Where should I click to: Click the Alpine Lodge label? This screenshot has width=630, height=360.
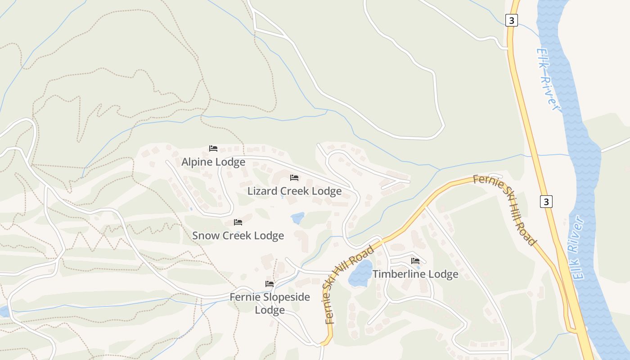pyautogui.click(x=213, y=162)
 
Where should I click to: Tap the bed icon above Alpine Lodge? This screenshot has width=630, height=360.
pyautogui.click(x=213, y=148)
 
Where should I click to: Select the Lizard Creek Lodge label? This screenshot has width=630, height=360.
pyautogui.click(x=295, y=191)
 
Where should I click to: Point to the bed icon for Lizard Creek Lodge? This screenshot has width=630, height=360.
pyautogui.click(x=294, y=178)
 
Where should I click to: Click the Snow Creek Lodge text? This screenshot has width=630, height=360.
pyautogui.click(x=238, y=235)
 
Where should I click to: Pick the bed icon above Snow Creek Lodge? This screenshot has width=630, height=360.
pyautogui.click(x=238, y=222)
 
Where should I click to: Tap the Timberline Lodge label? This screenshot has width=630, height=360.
pyautogui.click(x=415, y=274)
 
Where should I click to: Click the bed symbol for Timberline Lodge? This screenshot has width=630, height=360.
pyautogui.click(x=415, y=261)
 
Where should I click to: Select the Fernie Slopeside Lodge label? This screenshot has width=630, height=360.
pyautogui.click(x=270, y=303)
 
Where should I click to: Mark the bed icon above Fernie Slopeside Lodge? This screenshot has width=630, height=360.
pyautogui.click(x=270, y=284)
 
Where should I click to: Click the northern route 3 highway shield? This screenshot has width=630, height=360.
pyautogui.click(x=511, y=20)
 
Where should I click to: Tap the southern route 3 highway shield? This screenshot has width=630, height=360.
pyautogui.click(x=546, y=202)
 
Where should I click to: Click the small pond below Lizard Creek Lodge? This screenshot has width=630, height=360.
pyautogui.click(x=297, y=218)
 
